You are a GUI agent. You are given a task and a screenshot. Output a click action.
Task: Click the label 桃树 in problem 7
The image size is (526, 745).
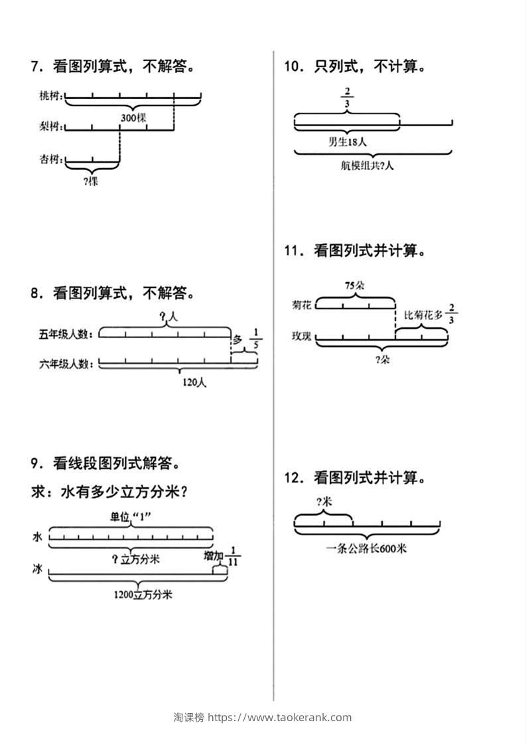(x=50, y=97)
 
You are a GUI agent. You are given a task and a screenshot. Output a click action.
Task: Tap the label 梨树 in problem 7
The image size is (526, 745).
(x=50, y=126)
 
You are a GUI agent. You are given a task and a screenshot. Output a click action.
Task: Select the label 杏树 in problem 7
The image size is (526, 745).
(x=50, y=159)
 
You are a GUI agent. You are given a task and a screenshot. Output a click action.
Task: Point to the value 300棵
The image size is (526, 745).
(x=133, y=118)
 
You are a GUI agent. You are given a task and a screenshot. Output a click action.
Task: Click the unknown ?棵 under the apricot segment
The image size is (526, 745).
(x=92, y=180)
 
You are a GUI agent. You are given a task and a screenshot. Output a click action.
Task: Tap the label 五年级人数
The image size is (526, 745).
(x=65, y=334)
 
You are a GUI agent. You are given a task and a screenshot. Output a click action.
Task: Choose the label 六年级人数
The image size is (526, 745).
(x=65, y=363)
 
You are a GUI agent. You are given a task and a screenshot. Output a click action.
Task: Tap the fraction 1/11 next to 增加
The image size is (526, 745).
(x=233, y=556)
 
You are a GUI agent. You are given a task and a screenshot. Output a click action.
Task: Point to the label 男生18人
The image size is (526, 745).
(x=348, y=141)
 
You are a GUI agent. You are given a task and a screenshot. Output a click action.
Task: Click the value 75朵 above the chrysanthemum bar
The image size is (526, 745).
(x=355, y=286)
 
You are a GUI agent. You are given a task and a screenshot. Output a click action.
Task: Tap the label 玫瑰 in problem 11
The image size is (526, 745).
(x=300, y=336)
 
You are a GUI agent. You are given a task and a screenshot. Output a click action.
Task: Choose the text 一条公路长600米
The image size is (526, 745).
(x=367, y=548)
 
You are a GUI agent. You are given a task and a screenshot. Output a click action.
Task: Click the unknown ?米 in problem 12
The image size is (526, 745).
(x=324, y=502)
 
